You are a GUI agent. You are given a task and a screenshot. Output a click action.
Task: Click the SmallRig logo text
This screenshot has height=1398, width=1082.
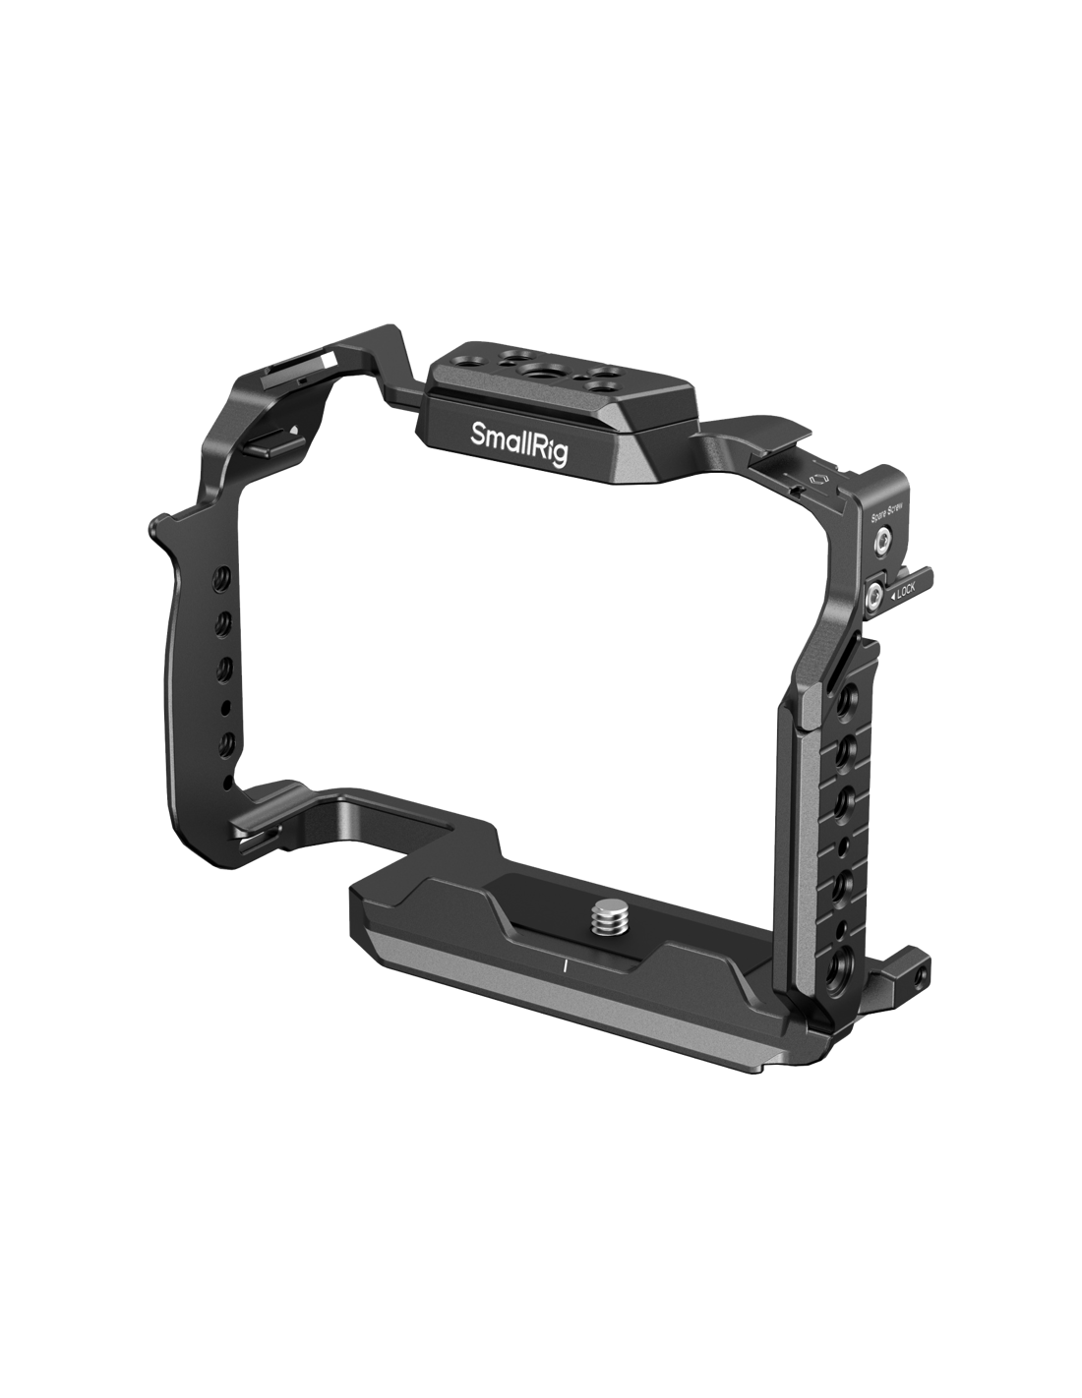coord(518,442)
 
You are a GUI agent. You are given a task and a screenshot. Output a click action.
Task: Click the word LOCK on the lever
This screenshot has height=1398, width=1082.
coord(905,590)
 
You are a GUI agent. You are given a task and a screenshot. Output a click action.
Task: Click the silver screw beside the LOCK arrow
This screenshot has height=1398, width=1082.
coord(874,595)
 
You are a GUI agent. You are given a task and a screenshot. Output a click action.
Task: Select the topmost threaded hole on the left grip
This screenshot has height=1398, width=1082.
coord(223,574)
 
